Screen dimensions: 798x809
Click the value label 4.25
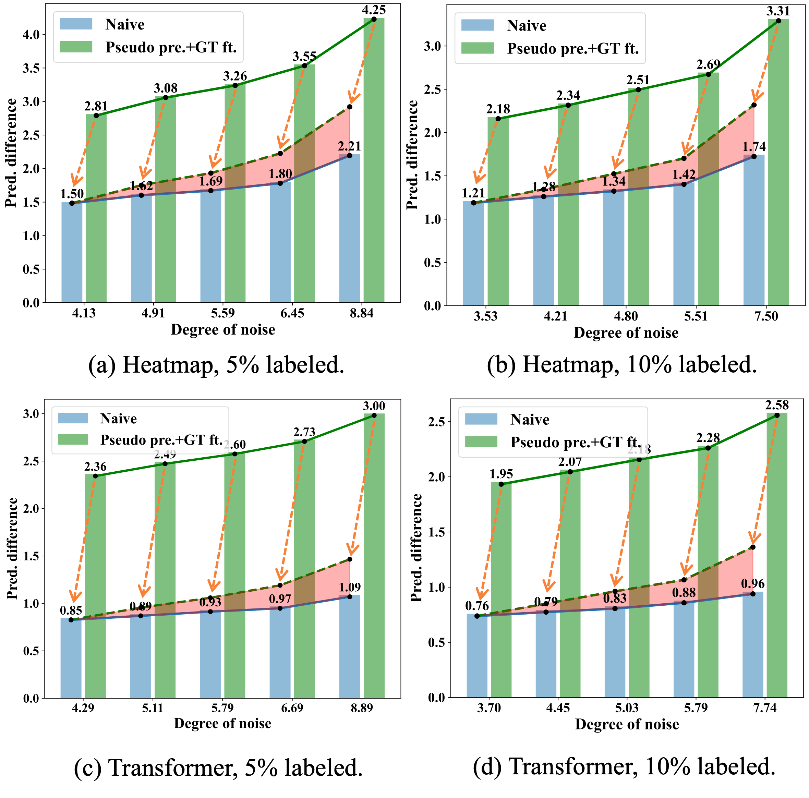[x=374, y=10]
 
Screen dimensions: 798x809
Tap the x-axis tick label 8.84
[x=361, y=313]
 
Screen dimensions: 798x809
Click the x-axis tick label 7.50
[x=766, y=316]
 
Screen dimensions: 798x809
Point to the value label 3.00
[x=374, y=406]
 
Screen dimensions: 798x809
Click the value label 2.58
[x=777, y=405]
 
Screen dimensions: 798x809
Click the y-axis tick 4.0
[x=31, y=34]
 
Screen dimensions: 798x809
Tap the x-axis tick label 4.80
[x=626, y=316]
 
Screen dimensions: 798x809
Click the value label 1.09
[x=350, y=588]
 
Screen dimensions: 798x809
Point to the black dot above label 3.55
[x=304, y=66]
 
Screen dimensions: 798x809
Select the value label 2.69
[x=708, y=65]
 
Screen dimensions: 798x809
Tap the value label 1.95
[x=501, y=474]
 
